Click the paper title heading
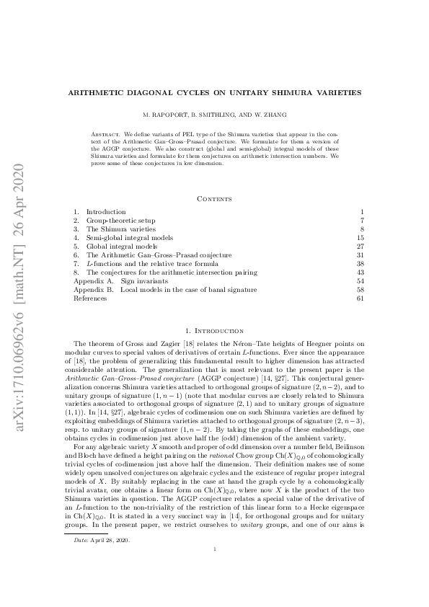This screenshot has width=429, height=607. tap(214, 94)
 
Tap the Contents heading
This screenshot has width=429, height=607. tap(214, 198)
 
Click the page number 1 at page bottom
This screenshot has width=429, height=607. tap(215, 590)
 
